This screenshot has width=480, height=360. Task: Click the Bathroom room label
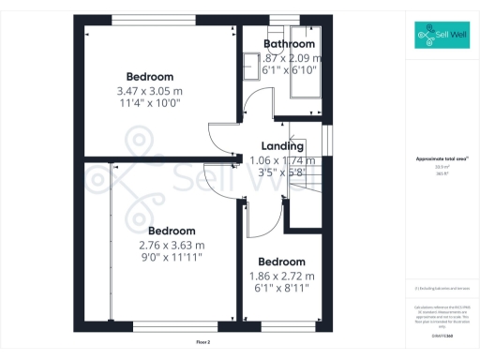coord(289,44)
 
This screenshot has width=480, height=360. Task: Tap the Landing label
coord(282,146)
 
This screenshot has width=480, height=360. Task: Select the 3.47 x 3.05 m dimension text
coord(150,91)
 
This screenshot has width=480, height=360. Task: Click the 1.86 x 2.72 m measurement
coord(282,276)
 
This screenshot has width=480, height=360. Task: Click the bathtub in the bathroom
coord(305,73)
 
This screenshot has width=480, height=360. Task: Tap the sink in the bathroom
coord(251,67)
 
